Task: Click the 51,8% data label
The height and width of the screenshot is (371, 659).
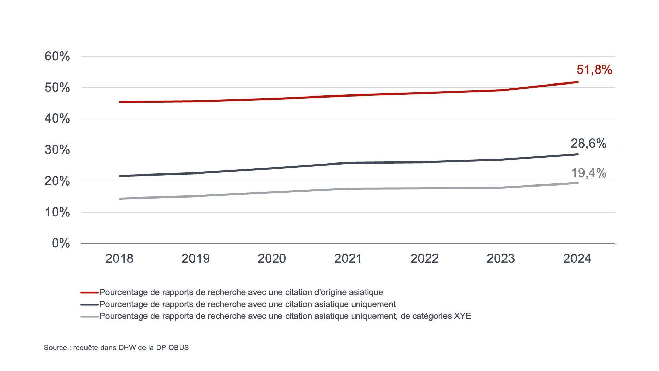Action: [x=594, y=70]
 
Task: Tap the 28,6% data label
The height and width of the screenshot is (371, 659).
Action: [x=588, y=144]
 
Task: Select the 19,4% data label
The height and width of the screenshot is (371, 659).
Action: [x=589, y=173]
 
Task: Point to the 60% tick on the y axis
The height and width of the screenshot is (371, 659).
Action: [x=57, y=56]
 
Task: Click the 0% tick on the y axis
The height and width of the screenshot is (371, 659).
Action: [x=61, y=243]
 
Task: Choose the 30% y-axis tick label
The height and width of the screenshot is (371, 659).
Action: [x=57, y=150]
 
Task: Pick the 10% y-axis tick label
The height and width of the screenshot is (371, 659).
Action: [x=57, y=212]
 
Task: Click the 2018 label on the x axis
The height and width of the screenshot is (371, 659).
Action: [x=119, y=258]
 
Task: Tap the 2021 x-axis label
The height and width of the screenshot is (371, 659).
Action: [x=348, y=258]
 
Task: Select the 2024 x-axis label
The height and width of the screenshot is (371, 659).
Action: [x=577, y=258]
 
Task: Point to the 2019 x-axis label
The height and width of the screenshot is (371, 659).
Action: [x=195, y=258]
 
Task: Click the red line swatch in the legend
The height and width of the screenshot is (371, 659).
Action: [x=90, y=293]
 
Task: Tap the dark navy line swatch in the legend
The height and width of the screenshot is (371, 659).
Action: [x=90, y=304]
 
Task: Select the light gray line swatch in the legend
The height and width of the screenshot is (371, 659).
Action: [x=90, y=316]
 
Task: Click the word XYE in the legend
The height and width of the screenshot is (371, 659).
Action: [x=462, y=316]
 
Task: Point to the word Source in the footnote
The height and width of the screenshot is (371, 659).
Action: [x=55, y=348]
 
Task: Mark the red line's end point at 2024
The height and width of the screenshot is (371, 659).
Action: [x=578, y=82]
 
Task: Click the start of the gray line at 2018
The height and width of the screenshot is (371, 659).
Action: [x=119, y=199]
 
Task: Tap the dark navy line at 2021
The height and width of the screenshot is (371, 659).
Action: [x=348, y=163]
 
